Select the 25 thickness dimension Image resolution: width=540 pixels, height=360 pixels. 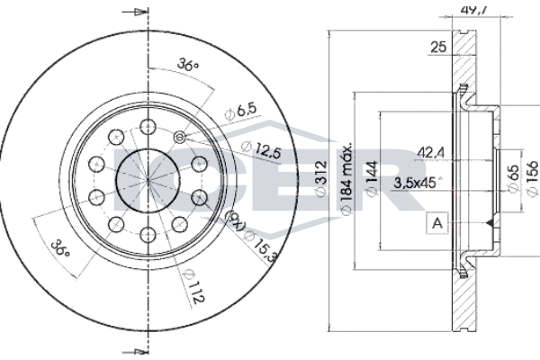[x=438, y=48]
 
